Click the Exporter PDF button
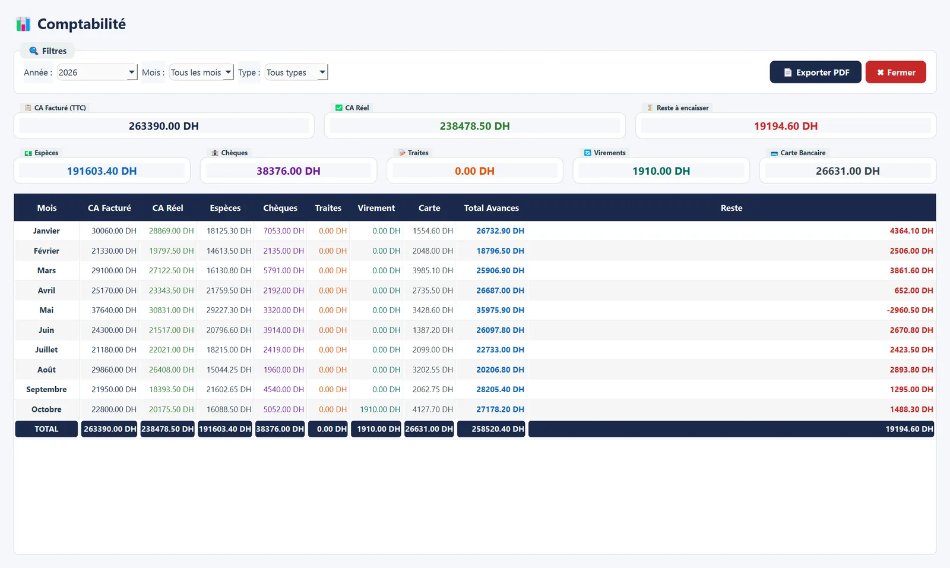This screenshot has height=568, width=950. [815, 72]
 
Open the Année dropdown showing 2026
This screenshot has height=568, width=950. [97, 72]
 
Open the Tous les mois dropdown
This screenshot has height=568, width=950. [201, 72]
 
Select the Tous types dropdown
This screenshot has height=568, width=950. [296, 72]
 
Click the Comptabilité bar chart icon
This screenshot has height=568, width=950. [23, 24]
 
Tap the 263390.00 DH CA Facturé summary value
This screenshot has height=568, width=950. [164, 126]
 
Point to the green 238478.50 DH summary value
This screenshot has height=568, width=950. [474, 126]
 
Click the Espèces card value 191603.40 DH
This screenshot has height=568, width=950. [102, 171]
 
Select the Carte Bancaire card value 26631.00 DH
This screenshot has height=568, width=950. [847, 171]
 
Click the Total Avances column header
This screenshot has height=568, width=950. [491, 208]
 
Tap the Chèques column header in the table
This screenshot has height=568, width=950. [280, 208]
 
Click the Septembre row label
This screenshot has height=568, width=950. [46, 389]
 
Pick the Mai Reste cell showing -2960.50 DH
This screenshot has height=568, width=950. [910, 310]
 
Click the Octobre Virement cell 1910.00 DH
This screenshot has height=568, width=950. [380, 409]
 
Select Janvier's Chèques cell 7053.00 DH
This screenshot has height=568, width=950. [283, 231]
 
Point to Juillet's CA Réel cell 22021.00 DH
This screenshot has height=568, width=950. [172, 350]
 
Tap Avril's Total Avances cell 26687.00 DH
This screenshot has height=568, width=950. [500, 291]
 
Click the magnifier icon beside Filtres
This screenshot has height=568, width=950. [33, 51]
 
